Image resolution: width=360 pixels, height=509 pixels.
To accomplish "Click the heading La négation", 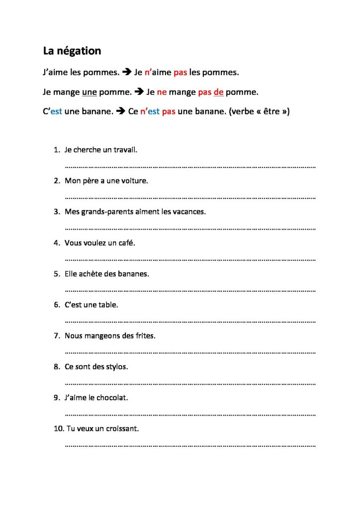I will pos(72,51).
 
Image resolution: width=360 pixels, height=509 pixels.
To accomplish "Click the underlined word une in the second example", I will pos(89,92).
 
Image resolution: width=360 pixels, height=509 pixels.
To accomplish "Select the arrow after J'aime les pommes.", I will pos(127,73).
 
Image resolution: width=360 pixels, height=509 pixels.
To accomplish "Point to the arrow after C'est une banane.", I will pos(120,112).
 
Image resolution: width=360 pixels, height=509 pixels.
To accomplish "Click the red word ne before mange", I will pos(162,92).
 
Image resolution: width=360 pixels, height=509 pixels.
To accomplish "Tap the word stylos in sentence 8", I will pos(116,367).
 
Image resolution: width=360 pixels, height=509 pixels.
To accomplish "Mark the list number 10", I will pos(58,429).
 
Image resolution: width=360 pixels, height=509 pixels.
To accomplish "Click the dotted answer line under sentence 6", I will pos(190,321).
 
